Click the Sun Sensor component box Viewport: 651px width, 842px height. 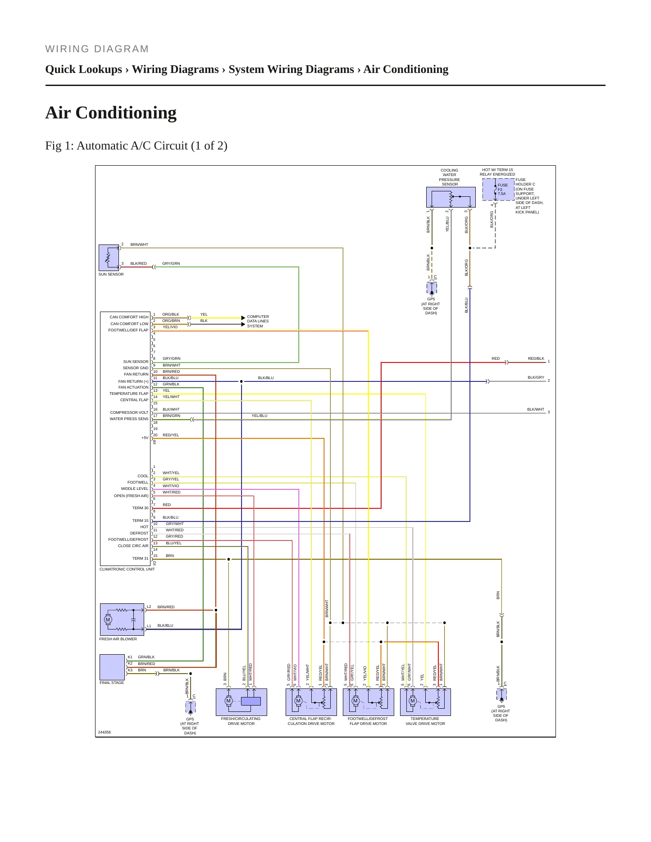tap(109, 258)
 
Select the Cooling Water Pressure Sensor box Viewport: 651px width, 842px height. tap(451, 197)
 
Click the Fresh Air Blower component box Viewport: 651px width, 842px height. tap(122, 620)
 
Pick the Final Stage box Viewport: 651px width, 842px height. tap(112, 667)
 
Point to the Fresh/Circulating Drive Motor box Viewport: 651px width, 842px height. tap(241, 702)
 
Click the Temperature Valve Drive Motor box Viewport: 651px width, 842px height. tap(425, 702)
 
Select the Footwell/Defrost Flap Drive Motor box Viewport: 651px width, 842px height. tap(368, 702)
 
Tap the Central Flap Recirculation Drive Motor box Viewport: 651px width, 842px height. tap(311, 702)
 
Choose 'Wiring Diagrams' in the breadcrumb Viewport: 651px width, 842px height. tap(175, 69)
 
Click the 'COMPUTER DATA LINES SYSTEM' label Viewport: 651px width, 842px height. tap(258, 321)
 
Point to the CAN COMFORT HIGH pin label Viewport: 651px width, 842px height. tap(129, 317)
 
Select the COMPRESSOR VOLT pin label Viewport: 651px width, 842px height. tap(129, 412)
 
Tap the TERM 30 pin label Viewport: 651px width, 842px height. tap(140, 508)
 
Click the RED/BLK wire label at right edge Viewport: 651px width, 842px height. tap(536, 358)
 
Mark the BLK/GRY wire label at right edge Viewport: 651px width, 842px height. tap(536, 377)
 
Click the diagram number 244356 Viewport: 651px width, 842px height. tap(104, 732)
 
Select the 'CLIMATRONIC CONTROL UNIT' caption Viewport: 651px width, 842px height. tap(127, 569)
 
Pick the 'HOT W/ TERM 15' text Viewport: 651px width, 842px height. tap(497, 170)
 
